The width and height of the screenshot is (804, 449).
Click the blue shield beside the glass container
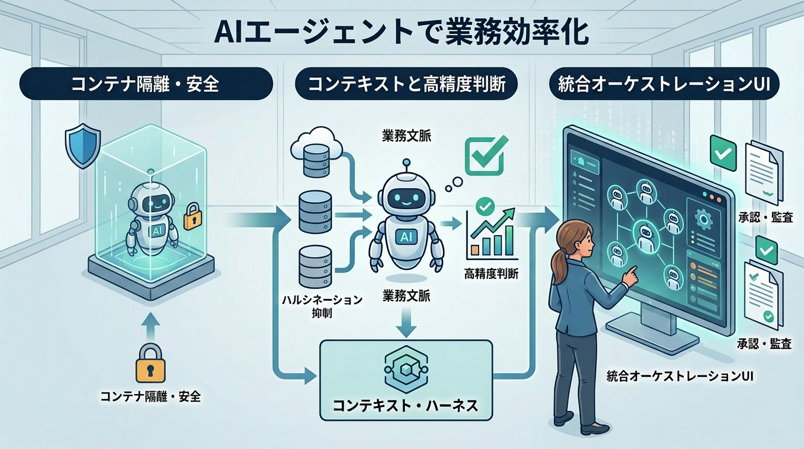pyautogui.click(x=82, y=145)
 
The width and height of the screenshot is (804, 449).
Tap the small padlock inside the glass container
pyautogui.click(x=192, y=216)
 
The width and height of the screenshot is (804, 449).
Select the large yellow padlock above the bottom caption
pyautogui.click(x=151, y=363)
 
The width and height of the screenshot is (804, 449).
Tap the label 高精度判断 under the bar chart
pyautogui.click(x=491, y=274)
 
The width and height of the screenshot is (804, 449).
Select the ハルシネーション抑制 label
pyautogui.click(x=321, y=306)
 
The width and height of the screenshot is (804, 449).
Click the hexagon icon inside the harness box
pyautogui.click(x=406, y=369)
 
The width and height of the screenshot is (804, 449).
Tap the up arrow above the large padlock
pyautogui.click(x=151, y=326)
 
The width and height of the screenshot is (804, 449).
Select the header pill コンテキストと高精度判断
pyautogui.click(x=406, y=84)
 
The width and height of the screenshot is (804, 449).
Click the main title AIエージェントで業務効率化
pyautogui.click(x=401, y=34)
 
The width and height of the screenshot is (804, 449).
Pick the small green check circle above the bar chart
pyautogui.click(x=485, y=205)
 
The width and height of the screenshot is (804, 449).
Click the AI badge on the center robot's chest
pyautogui.click(x=406, y=237)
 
